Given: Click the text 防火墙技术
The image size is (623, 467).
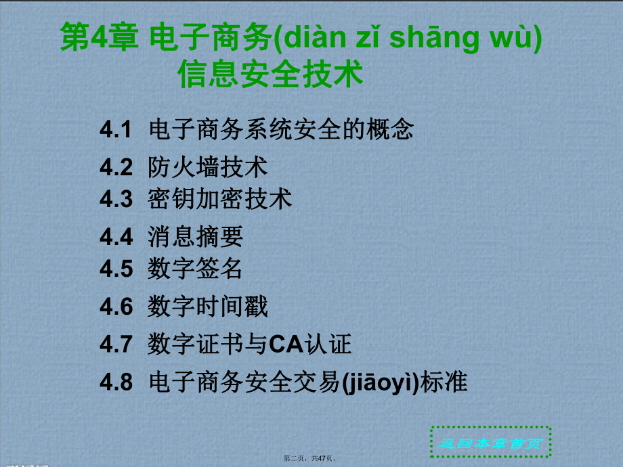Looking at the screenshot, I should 207,166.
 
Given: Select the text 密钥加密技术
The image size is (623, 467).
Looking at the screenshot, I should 219,199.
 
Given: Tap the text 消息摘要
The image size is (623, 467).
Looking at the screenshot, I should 195,236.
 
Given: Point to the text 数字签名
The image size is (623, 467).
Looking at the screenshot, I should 195,269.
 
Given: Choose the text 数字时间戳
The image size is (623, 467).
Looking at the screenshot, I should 207,307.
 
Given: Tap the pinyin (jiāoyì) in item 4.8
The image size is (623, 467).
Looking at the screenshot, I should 381,383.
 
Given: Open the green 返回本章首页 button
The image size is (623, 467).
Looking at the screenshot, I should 491,443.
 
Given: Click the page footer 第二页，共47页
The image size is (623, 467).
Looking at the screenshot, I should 310,459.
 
